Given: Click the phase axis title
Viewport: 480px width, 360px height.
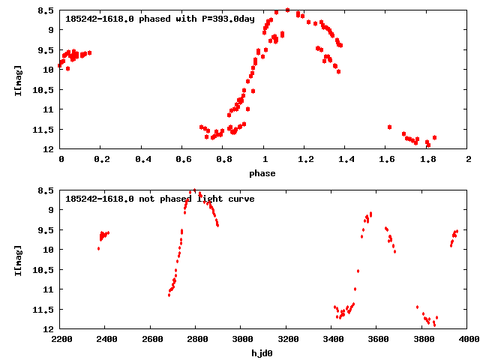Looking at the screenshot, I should point(262,173).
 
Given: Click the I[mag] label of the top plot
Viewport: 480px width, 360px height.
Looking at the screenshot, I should point(17,80).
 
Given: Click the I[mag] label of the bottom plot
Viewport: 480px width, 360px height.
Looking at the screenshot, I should point(17,260).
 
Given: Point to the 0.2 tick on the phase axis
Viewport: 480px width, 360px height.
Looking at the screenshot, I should point(101,160).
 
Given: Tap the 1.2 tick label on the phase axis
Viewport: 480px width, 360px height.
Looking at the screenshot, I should point(304,160).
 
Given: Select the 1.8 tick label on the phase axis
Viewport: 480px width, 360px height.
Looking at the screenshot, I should point(427,160).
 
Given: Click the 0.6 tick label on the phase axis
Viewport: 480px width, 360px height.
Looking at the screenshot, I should point(182,160).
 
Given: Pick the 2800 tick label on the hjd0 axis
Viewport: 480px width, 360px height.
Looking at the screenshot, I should point(195,340).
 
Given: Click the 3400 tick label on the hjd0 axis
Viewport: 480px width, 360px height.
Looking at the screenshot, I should point(331,340).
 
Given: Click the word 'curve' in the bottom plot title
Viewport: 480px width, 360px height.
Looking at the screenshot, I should point(240,199).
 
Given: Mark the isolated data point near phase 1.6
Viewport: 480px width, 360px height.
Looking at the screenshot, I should point(389,127).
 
